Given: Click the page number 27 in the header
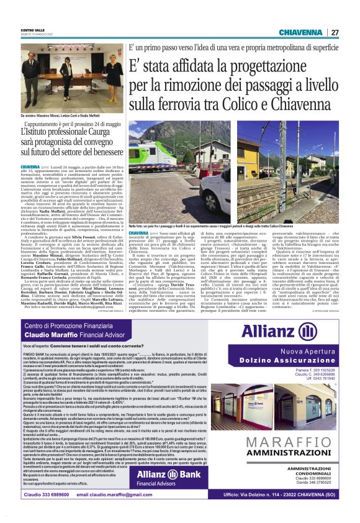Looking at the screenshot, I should pos(335,32).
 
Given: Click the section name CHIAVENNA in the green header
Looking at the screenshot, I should pos(300,32).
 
